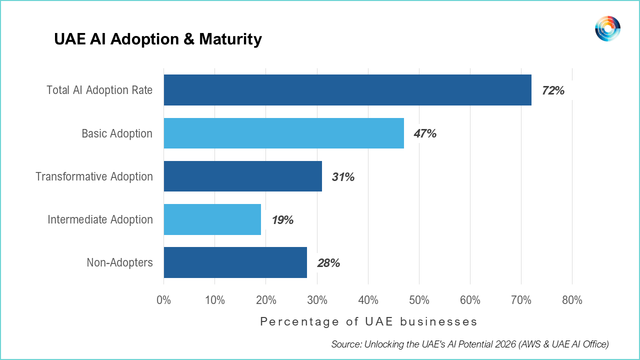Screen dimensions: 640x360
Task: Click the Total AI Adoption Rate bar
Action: pos(347,90)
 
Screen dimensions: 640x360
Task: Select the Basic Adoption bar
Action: pos(283,133)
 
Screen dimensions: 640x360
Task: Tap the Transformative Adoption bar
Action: pos(243,176)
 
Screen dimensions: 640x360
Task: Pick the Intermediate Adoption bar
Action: pos(212,219)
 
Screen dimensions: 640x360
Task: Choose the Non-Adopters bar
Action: pos(235,262)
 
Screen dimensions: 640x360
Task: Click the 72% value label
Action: pos(553,90)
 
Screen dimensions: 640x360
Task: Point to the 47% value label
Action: pos(425,133)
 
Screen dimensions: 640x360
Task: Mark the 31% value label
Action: pos(343,177)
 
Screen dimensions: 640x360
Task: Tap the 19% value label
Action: pos(282,220)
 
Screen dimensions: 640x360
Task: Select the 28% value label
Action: pos(328,263)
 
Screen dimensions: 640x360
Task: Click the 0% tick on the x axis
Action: pos(163,300)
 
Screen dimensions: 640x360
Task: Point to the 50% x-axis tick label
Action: pos(419,300)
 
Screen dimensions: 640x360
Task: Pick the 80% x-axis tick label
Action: pos(572,300)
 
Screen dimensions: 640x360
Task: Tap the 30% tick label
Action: pos(317,300)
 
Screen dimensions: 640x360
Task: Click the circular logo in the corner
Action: pos(607,28)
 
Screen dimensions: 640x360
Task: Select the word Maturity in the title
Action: pos(230,39)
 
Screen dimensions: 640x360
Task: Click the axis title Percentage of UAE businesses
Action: pos(368,321)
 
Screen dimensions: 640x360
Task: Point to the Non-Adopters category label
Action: pos(119,262)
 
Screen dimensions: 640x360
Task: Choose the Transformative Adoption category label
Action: pos(94,176)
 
